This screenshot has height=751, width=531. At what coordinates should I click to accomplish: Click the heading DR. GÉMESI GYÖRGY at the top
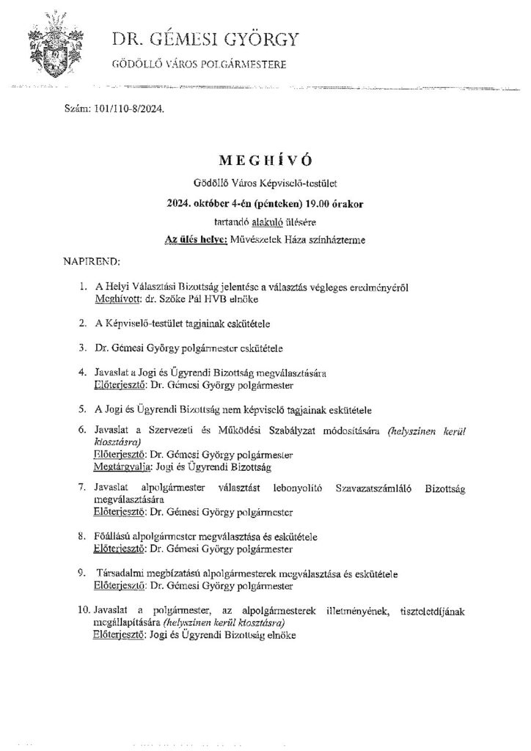pos(205,40)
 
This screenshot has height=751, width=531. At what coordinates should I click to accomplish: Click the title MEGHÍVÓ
pos(265,159)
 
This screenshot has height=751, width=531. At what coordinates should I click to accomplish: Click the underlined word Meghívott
pos(117,301)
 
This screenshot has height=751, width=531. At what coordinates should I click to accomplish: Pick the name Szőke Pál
pos(188,301)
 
